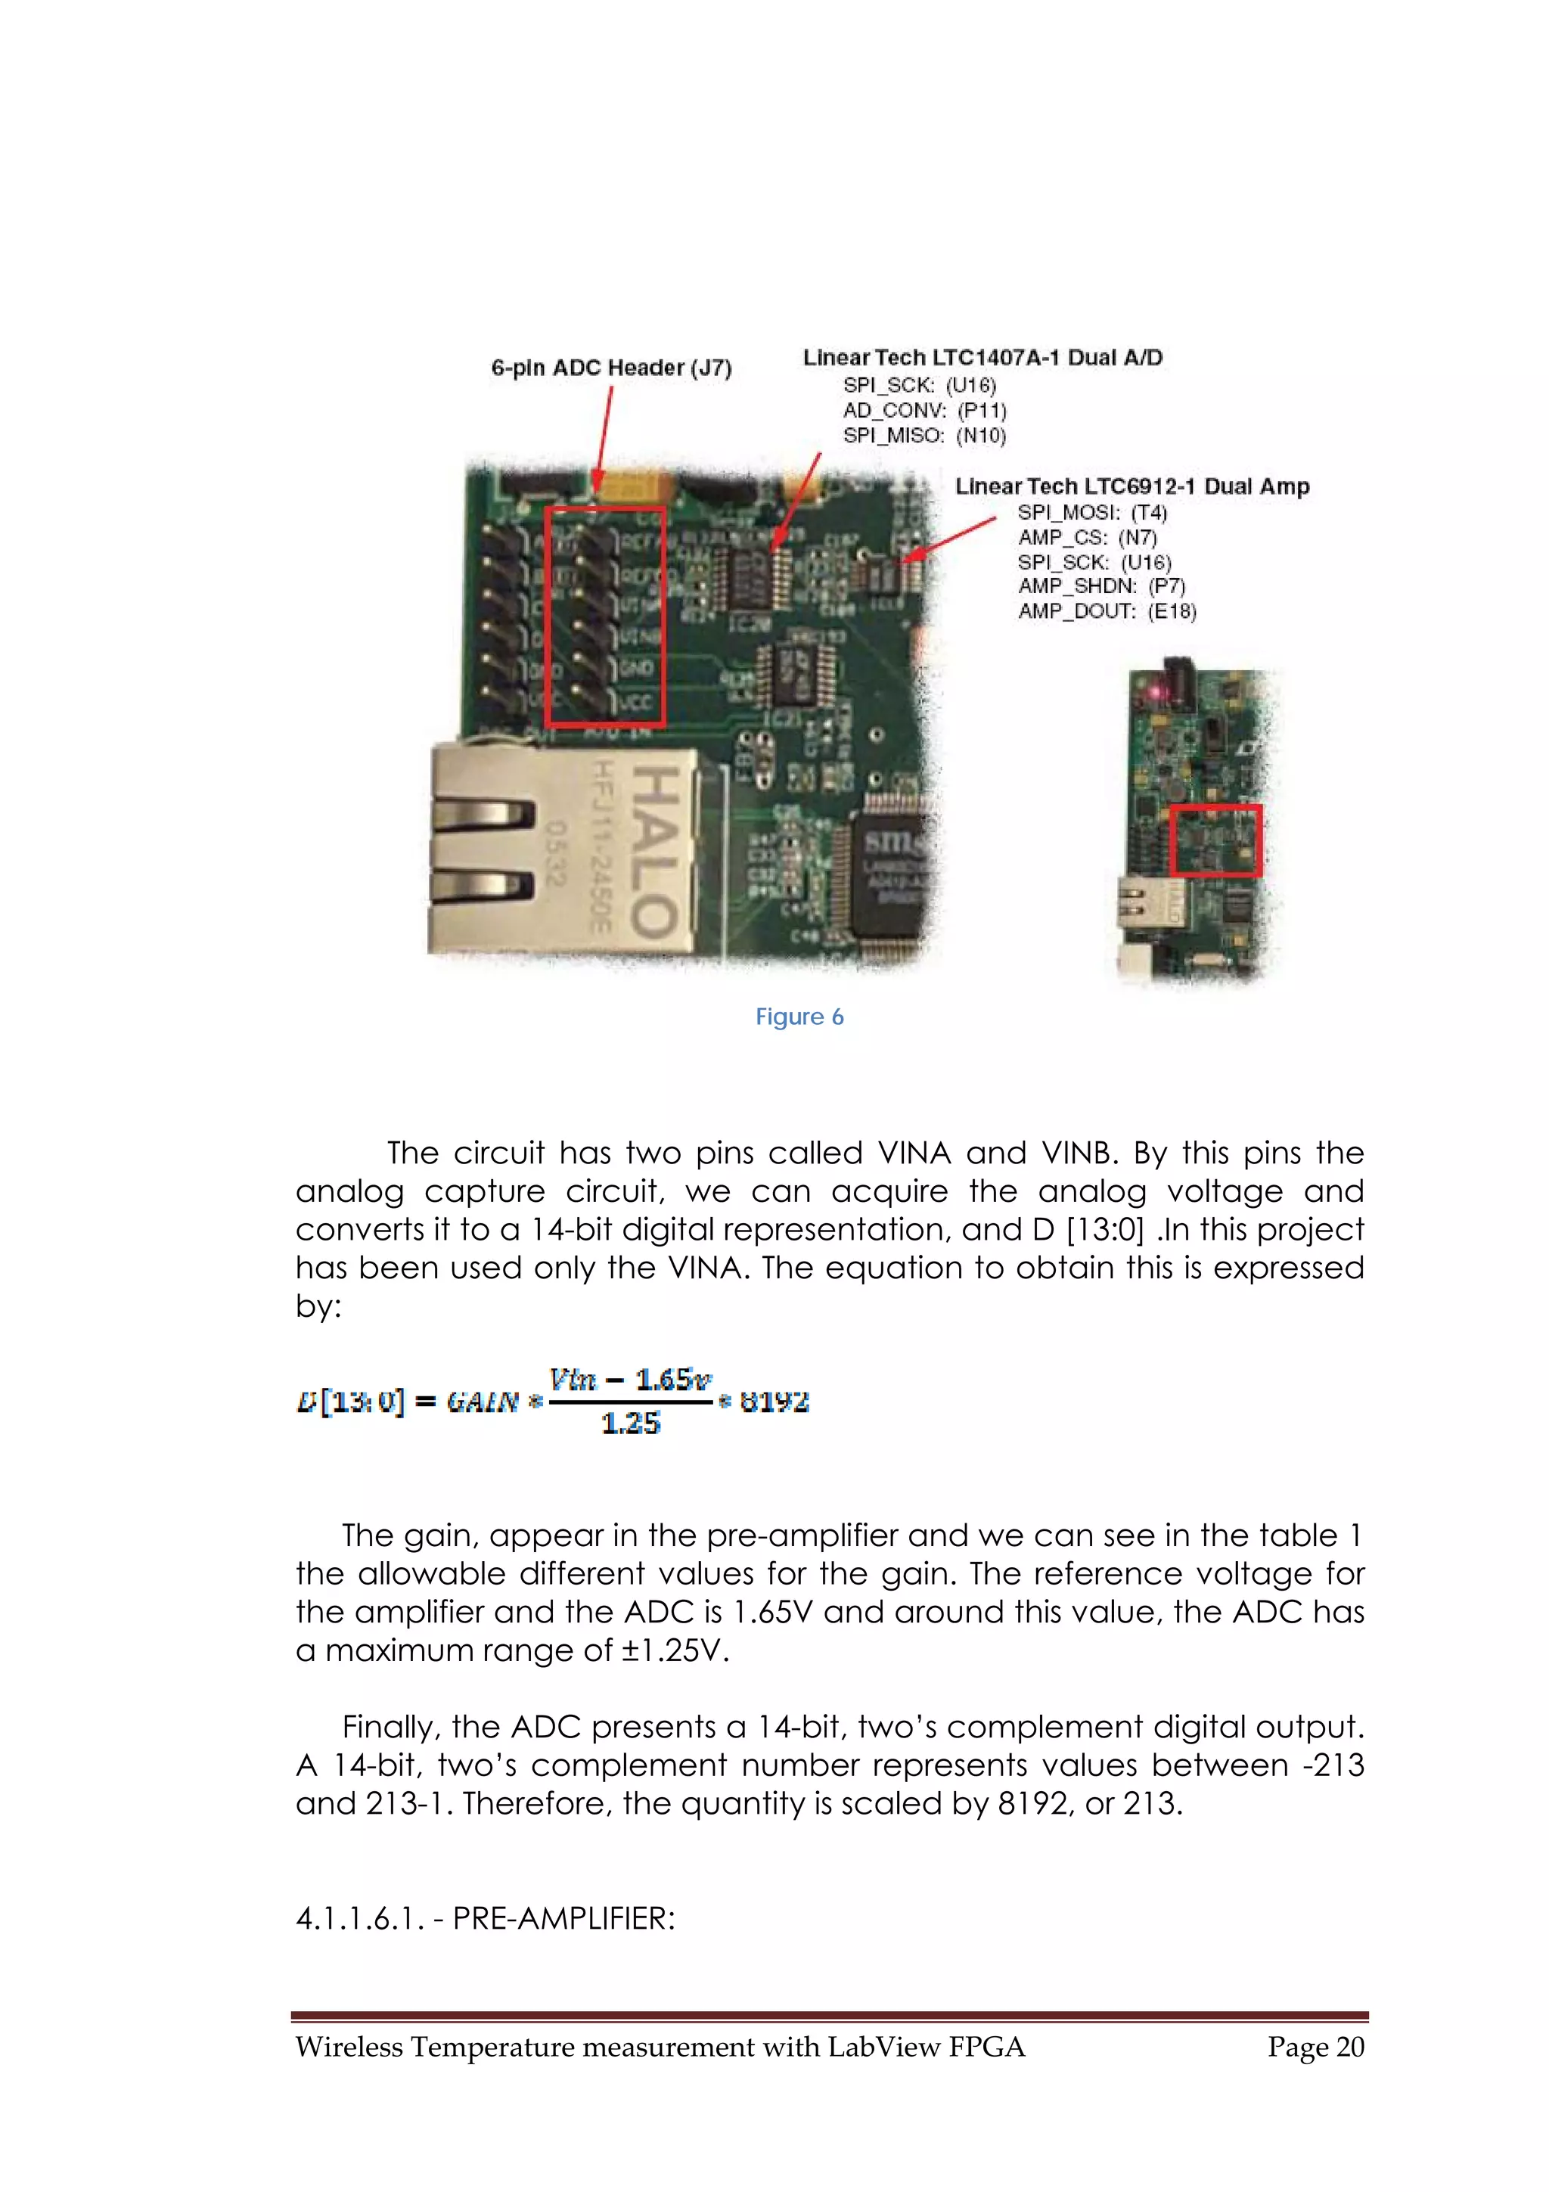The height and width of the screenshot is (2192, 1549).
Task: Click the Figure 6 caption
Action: pyautogui.click(x=799, y=1017)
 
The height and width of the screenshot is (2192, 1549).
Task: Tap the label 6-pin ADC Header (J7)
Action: pyautogui.click(x=611, y=368)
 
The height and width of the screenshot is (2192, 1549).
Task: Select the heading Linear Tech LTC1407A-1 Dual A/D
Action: pyautogui.click(x=982, y=358)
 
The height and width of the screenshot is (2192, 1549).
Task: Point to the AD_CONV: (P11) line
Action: pyautogui.click(x=924, y=411)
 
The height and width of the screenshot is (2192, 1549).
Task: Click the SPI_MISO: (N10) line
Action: pyautogui.click(x=924, y=436)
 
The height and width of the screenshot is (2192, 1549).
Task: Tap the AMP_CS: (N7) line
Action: pyautogui.click(x=1087, y=538)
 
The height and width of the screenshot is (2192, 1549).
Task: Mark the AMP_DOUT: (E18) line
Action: pyautogui.click(x=1106, y=611)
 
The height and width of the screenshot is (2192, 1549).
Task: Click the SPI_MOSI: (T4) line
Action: pyautogui.click(x=1092, y=513)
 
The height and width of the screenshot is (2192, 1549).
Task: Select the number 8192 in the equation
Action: pyautogui.click(x=774, y=1402)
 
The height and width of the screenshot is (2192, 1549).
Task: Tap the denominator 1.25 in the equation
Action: pyautogui.click(x=630, y=1424)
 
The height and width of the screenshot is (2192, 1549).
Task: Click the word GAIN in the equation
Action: pyautogui.click(x=483, y=1402)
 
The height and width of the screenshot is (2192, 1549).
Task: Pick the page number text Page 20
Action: pyautogui.click(x=1315, y=2047)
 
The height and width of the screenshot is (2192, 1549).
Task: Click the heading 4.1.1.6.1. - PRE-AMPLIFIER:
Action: pyautogui.click(x=485, y=1918)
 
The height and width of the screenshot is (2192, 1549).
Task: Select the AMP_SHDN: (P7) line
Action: pyautogui.click(x=1100, y=586)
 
